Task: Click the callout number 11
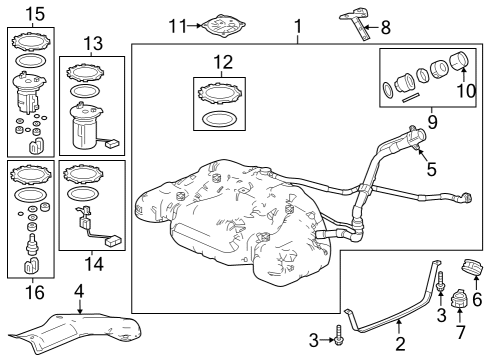[178, 26]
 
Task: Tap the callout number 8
[386, 27]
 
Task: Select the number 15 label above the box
[35, 14]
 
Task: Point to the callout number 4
[79, 291]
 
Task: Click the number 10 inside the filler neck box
[466, 90]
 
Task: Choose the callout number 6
[477, 299]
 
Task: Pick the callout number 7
[460, 332]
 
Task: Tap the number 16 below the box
[35, 292]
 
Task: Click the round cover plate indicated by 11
[223, 26]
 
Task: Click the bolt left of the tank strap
[338, 335]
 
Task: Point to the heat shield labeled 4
[75, 332]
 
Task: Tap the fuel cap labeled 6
[471, 268]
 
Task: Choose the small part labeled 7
[459, 299]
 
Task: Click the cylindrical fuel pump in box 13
[86, 126]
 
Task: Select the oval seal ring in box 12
[220, 119]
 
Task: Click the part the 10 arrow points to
[459, 60]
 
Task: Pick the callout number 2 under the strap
[400, 344]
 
